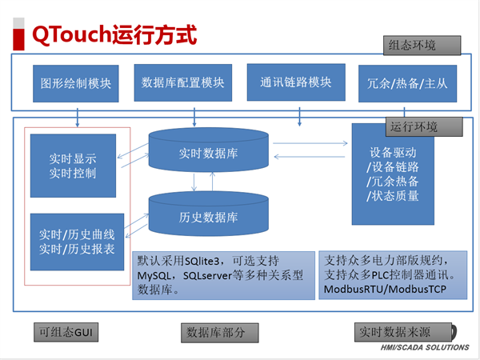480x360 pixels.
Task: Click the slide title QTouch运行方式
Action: coord(113,36)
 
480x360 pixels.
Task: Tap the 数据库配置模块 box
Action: coord(182,82)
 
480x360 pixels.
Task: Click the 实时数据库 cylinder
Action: coord(207,152)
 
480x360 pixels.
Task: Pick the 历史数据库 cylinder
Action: coord(207,216)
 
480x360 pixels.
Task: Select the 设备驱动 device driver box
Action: coord(393,174)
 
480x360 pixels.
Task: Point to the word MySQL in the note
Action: coord(156,276)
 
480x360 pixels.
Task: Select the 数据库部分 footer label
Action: coord(215,332)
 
